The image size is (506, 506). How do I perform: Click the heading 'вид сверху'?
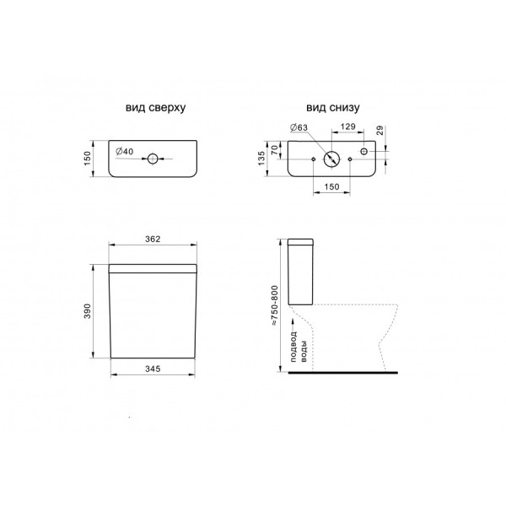coord(155,108)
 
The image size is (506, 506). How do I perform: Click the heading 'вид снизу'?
coord(333,108)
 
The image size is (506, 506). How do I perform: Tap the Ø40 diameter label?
coord(124,151)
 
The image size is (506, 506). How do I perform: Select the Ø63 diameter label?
coord(299,127)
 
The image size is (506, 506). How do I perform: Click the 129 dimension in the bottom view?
coord(347,126)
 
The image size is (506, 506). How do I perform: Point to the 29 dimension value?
coord(380,131)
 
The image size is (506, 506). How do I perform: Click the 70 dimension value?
coord(274,150)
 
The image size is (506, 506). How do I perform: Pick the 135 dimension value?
coord(261,159)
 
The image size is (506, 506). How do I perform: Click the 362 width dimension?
coord(153,239)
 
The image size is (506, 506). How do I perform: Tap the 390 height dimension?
coord(88,311)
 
